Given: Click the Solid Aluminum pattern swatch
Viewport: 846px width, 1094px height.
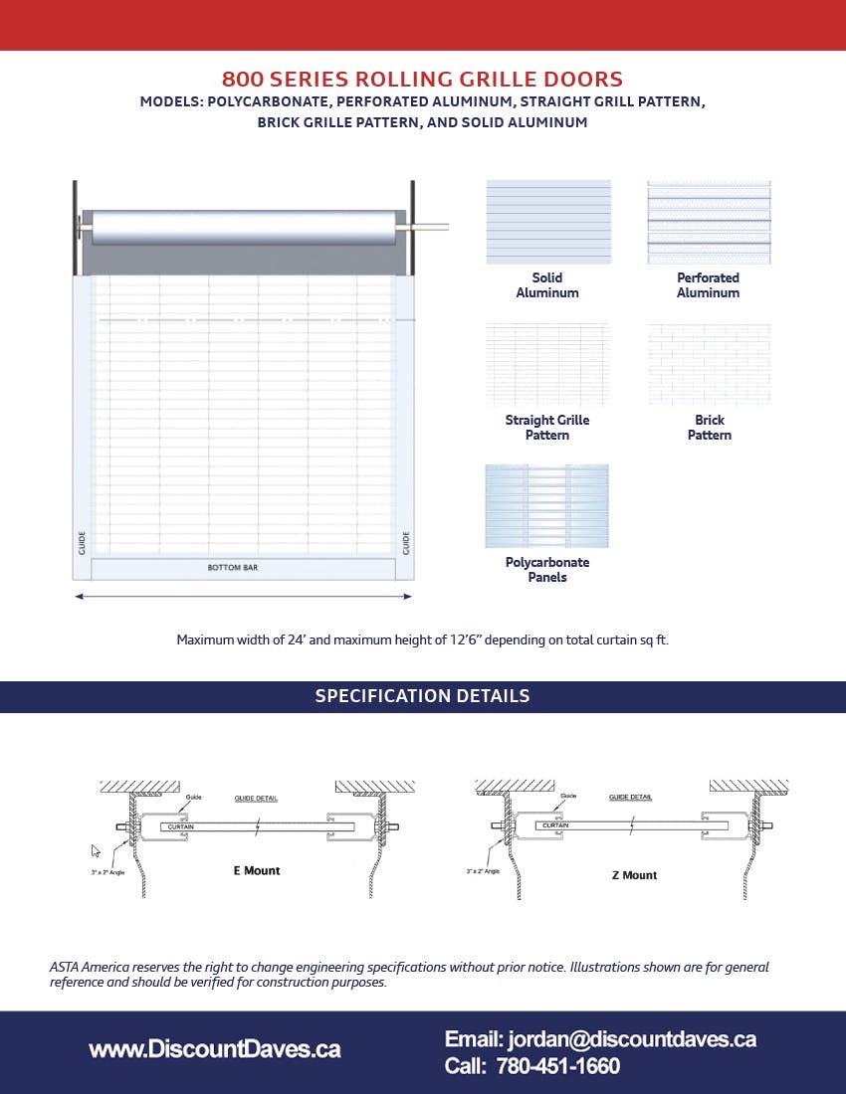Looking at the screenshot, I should [548, 222].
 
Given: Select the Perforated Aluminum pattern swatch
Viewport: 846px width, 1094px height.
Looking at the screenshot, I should [709, 222].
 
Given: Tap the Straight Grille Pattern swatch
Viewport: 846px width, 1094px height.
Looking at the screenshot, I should [547, 364].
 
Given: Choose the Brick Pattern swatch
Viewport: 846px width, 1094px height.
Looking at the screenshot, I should [709, 364].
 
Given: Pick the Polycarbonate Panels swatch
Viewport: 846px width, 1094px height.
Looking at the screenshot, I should [546, 506].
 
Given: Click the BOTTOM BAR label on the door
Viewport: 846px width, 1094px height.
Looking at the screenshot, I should [232, 568].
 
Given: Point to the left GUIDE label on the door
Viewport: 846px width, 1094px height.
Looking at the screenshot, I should [82, 543].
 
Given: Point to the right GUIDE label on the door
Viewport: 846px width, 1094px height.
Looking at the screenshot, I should [406, 543].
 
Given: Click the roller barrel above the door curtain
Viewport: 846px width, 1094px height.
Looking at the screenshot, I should [243, 227].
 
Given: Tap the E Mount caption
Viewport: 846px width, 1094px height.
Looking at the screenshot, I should [257, 871].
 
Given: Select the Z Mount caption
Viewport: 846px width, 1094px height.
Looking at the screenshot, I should [634, 876].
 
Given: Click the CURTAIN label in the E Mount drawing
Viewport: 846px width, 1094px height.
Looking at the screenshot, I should [180, 826].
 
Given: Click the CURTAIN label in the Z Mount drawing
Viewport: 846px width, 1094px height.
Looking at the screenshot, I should [555, 825].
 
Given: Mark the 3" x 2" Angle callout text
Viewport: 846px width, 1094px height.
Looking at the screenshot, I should [486, 871].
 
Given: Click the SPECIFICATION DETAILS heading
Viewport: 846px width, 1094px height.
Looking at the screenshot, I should [422, 696].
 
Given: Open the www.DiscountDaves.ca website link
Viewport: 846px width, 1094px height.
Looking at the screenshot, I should [214, 1049].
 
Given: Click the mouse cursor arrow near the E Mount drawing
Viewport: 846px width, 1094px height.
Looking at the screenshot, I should [96, 850].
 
